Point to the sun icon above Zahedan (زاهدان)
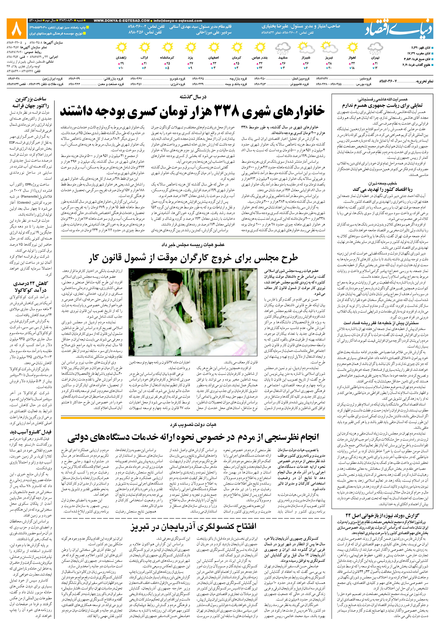121,48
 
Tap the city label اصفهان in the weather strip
214,58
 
